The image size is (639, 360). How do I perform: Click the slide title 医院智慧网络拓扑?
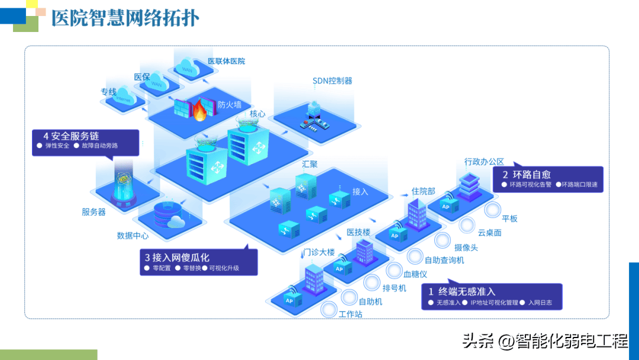pyautogui.click(x=125, y=18)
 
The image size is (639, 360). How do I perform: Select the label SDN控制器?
pyautogui.click(x=333, y=81)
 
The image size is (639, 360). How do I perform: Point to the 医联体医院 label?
pyautogui.click(x=226, y=61)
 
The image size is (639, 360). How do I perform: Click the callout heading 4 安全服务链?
pyautogui.click(x=71, y=136)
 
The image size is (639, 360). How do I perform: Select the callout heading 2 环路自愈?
pyautogui.click(x=527, y=174)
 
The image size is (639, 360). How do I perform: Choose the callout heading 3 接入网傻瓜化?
pyautogui.click(x=177, y=258)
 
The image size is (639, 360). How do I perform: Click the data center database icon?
pyautogui.click(x=165, y=214)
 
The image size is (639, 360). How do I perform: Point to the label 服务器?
pyautogui.click(x=93, y=212)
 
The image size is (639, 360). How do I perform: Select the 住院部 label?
pyautogui.click(x=423, y=191)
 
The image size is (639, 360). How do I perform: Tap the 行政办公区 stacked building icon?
pyautogui.click(x=467, y=184)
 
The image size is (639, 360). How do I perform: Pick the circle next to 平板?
pyautogui.click(x=492, y=210)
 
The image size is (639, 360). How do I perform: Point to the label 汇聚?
pyautogui.click(x=309, y=164)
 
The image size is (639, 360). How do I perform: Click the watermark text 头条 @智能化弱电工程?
pyautogui.click(x=544, y=341)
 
